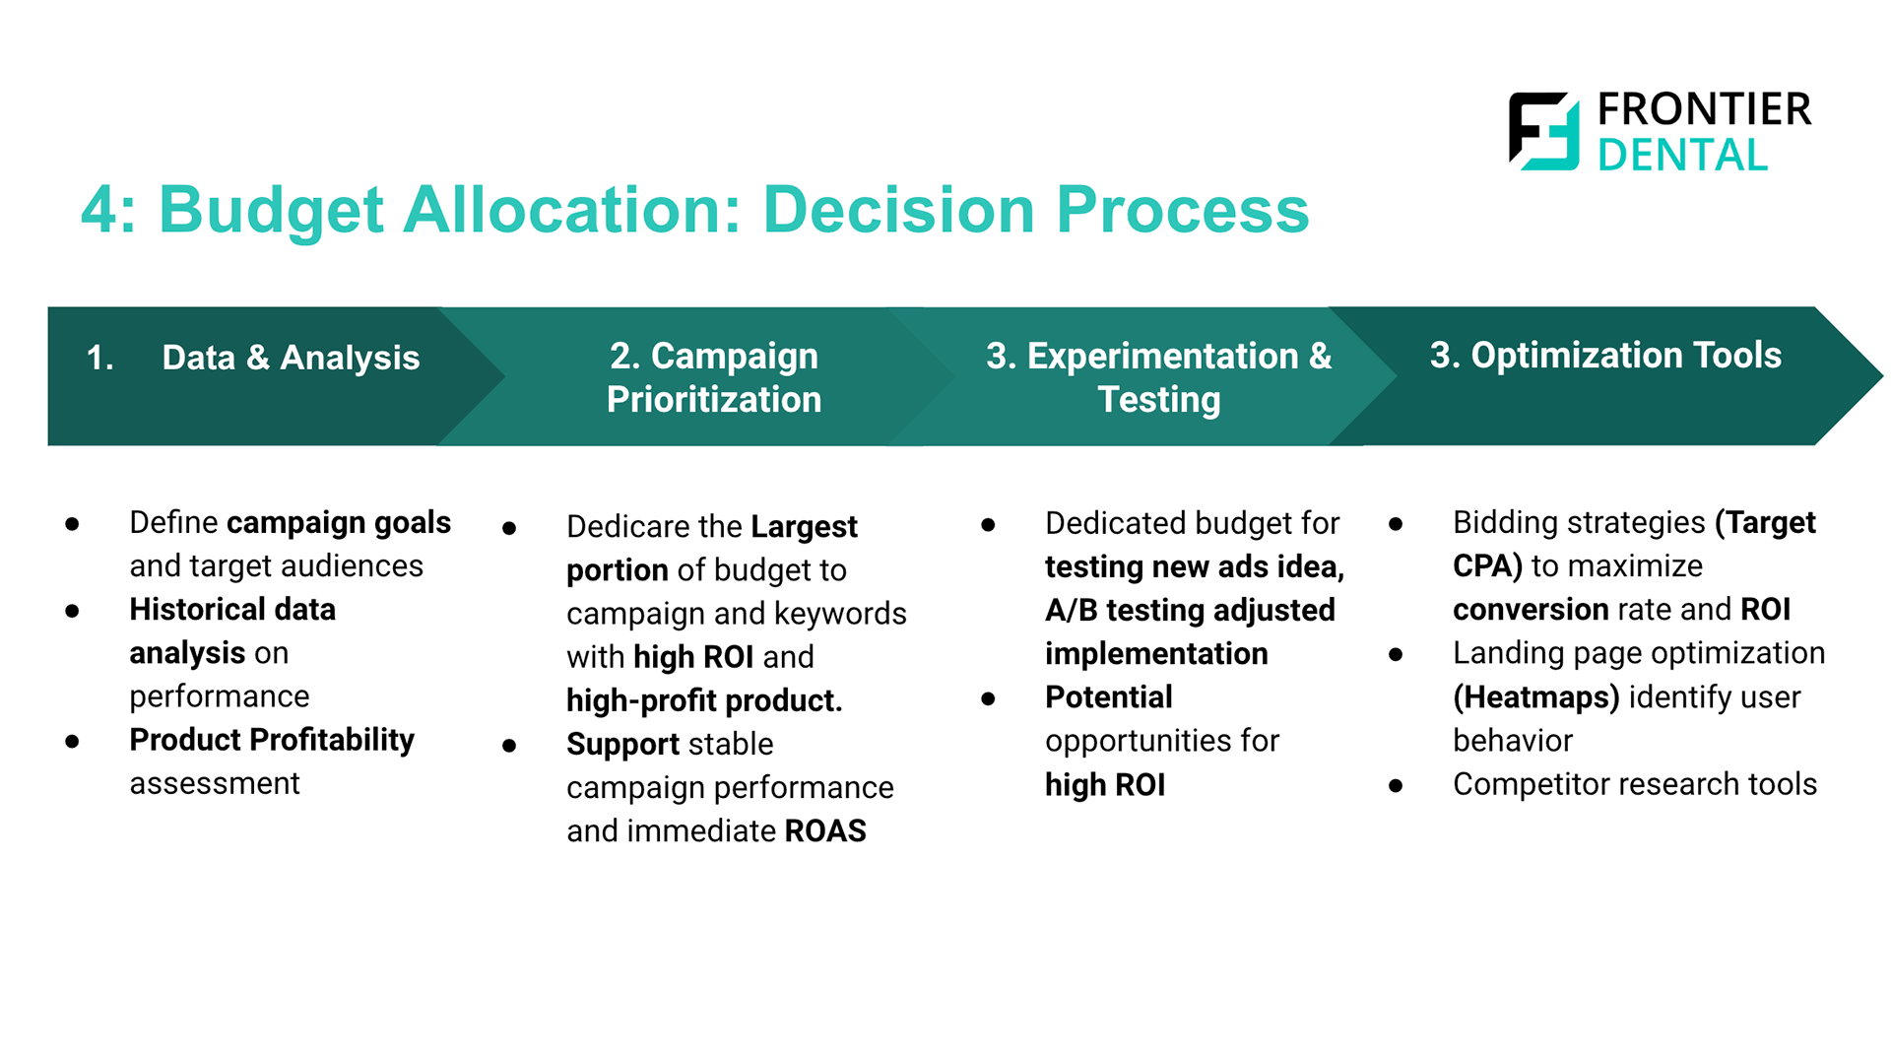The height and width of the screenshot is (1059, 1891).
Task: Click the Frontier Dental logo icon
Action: click(x=1543, y=131)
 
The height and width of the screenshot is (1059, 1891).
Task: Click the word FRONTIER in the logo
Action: click(x=1704, y=109)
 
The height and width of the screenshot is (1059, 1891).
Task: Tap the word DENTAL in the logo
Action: click(x=1682, y=155)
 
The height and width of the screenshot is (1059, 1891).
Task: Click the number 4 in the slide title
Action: click(x=101, y=210)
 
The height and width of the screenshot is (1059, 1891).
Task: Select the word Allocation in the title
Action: click(x=571, y=210)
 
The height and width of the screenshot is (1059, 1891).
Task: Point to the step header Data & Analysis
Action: click(x=291, y=357)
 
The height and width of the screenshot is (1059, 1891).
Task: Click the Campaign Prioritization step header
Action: click(x=714, y=377)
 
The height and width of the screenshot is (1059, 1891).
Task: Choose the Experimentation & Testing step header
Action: click(x=1159, y=377)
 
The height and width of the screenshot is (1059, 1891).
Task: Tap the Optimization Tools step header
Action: click(x=1605, y=355)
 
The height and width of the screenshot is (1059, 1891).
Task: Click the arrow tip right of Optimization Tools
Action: click(x=1881, y=375)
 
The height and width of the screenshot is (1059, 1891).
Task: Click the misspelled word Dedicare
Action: click(x=627, y=526)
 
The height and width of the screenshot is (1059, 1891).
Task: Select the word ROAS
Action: click(x=825, y=830)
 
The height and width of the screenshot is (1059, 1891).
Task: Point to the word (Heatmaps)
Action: click(x=1536, y=697)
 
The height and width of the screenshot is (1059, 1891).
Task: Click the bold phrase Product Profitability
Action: click(x=272, y=740)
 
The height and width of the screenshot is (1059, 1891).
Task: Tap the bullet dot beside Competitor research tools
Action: click(x=1396, y=786)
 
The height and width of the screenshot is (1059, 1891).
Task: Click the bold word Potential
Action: click(x=1109, y=696)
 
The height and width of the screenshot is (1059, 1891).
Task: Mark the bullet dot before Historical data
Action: click(x=72, y=611)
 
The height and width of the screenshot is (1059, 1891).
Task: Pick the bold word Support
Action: click(x=622, y=745)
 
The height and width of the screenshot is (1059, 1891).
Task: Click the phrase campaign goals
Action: click(x=339, y=523)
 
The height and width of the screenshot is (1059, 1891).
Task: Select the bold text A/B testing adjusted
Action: click(x=1190, y=611)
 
